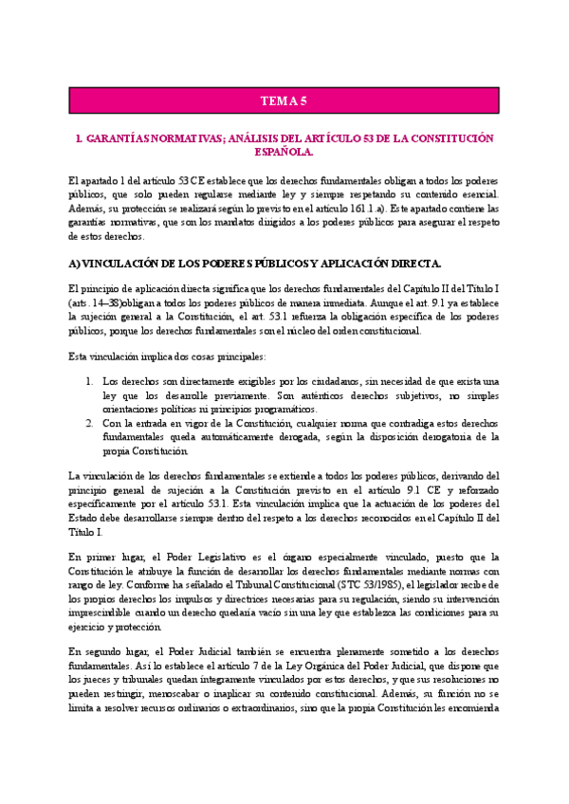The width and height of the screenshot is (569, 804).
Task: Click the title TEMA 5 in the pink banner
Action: pos(284,100)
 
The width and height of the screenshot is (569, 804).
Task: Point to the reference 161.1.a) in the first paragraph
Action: pos(376,207)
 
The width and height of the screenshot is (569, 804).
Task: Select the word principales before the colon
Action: pos(236,356)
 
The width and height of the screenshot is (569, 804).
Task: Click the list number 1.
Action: pos(87,381)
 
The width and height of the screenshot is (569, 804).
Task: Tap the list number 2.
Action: pos(87,423)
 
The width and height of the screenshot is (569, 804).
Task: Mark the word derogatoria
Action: pos(432,437)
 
